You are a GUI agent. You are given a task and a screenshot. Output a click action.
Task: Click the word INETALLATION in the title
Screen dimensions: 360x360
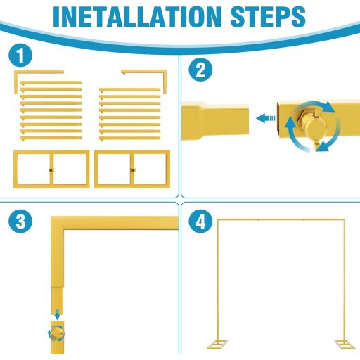pyautogui.click(x=137, y=17)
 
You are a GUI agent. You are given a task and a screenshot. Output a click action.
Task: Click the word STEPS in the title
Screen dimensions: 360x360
pyautogui.click(x=268, y=17)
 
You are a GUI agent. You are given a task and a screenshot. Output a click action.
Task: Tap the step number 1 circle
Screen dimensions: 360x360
pyautogui.click(x=20, y=56)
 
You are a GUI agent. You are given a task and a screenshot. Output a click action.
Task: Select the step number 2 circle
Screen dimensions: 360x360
pyautogui.click(x=200, y=70)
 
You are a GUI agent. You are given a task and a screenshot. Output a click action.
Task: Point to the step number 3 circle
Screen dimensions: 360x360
pyautogui.click(x=20, y=221)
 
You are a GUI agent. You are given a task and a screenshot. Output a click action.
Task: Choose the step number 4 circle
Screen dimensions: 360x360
pyautogui.click(x=200, y=221)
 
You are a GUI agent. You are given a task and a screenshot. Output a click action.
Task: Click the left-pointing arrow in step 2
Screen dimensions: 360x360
pyautogui.click(x=266, y=118)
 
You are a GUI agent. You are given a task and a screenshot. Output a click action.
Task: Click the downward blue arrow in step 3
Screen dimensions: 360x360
pyautogui.click(x=57, y=314)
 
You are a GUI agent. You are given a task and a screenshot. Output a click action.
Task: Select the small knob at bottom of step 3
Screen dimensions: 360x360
pyautogui.click(x=57, y=333)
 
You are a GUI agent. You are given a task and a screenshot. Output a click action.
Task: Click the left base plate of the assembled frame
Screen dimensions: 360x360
pyautogui.click(x=217, y=344)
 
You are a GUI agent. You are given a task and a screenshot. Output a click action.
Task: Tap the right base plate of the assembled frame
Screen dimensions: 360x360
pyautogui.click(x=345, y=344)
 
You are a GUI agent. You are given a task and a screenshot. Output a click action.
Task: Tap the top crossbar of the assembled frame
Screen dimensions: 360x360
pyautogui.click(x=281, y=220)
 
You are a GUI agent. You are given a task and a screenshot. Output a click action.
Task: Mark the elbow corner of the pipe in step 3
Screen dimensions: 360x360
pyautogui.click(x=58, y=223)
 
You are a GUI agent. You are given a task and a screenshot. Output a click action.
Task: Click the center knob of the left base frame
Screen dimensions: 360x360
pyautogui.click(x=51, y=169)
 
